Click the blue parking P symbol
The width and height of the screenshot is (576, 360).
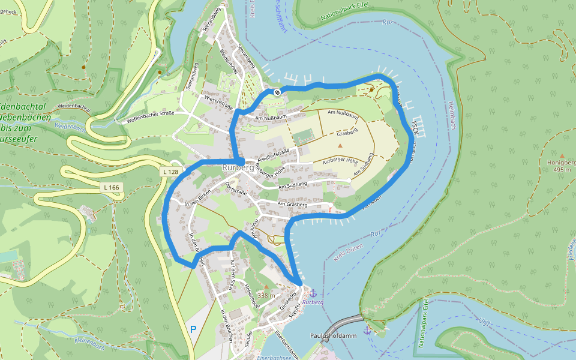pyautogui.click(x=193, y=329)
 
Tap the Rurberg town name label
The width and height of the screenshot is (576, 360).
pyautogui.click(x=238, y=167)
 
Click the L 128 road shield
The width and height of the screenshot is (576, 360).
pyautogui.click(x=171, y=172)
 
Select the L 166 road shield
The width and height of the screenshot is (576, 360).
pyautogui.click(x=112, y=188)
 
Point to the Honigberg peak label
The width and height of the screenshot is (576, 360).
pyautogui.click(x=561, y=166)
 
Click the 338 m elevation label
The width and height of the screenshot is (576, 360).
pyautogui.click(x=266, y=295)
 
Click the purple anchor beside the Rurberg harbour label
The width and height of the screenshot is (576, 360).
pyautogui.click(x=312, y=292)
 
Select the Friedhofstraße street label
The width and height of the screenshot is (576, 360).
pyautogui.click(x=274, y=154)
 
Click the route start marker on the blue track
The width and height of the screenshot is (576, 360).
pyautogui.click(x=277, y=92)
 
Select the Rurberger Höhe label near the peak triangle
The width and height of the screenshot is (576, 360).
pyautogui.click(x=340, y=161)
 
